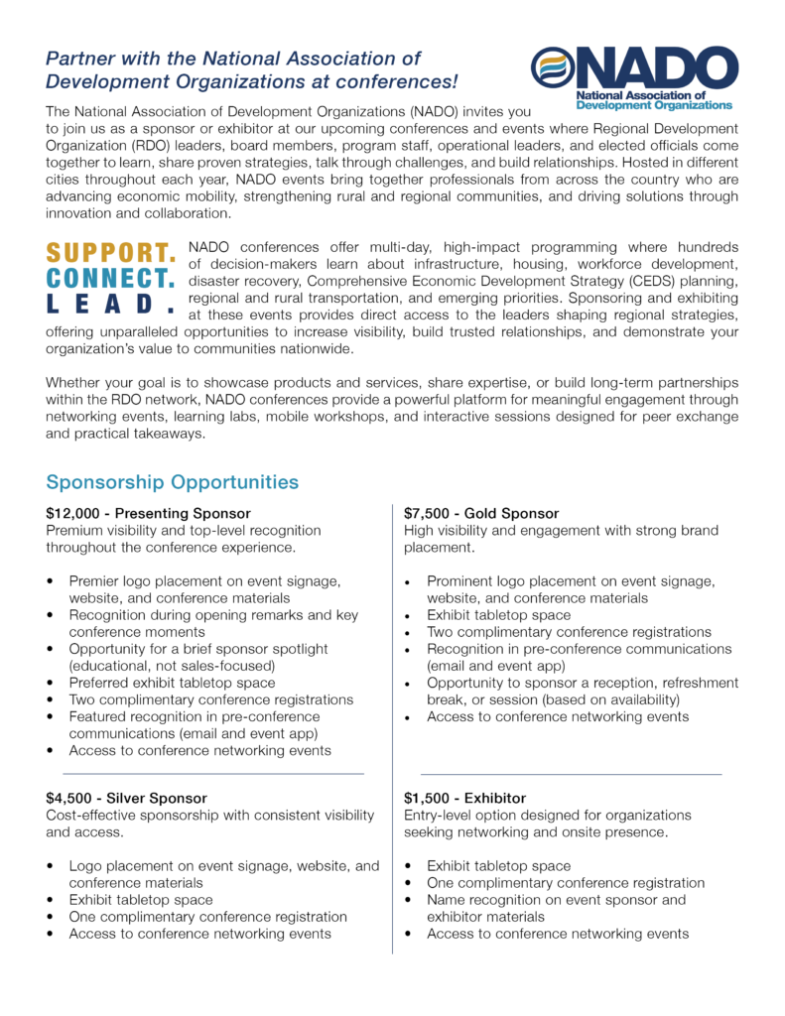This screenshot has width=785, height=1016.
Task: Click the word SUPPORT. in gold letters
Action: pyautogui.click(x=111, y=253)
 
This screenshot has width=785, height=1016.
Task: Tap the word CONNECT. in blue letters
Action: pyautogui.click(x=111, y=278)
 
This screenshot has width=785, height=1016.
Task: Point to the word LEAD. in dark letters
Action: pyautogui.click(x=111, y=303)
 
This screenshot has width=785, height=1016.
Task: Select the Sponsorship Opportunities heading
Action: pyautogui.click(x=172, y=483)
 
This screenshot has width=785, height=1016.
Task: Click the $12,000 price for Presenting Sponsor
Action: pyautogui.click(x=72, y=514)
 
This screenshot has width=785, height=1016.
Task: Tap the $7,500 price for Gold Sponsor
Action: pyautogui.click(x=427, y=514)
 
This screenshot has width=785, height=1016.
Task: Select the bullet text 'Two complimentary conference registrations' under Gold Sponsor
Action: pyautogui.click(x=569, y=632)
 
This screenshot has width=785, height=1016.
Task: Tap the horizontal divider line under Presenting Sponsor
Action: pyautogui.click(x=213, y=773)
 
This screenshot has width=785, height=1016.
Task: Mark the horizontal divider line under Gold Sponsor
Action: pyautogui.click(x=571, y=774)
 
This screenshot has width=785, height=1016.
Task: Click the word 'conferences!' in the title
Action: pyautogui.click(x=402, y=80)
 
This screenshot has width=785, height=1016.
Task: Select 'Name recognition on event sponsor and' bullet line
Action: pyautogui.click(x=556, y=900)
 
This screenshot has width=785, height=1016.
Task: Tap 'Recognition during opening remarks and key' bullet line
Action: pyautogui.click(x=213, y=615)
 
